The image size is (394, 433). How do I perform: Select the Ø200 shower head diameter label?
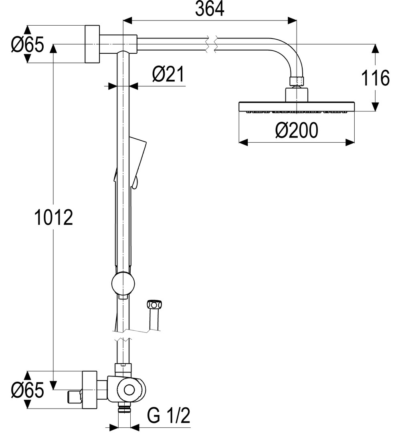pos(297,130)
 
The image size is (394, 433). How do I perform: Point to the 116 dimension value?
pos(375,78)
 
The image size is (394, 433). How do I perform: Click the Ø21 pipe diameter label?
pos(168,75)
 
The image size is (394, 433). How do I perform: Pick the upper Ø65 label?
pos(27,45)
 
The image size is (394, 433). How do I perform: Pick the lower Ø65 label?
pos(27,391)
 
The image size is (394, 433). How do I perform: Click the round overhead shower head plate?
pos(296,106)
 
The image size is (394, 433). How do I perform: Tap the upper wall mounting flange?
pos(92,44)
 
